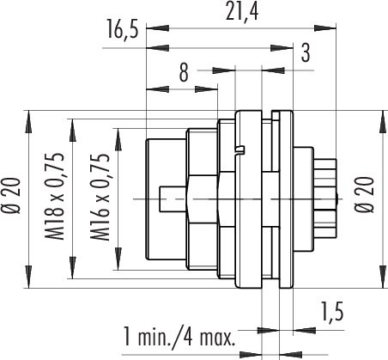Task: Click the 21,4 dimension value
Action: coord(242,12)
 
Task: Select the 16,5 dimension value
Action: coord(122,30)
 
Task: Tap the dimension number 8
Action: coord(184,72)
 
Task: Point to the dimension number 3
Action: coord(306,53)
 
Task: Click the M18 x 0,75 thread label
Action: coord(54,197)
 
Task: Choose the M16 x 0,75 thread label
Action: coord(100,198)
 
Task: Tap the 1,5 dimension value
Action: coord(332,311)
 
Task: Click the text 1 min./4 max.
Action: coord(179,338)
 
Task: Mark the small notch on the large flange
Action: coord(239,149)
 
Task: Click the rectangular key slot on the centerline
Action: coord(173,199)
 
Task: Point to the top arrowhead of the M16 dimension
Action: coord(118,139)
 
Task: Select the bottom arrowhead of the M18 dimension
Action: coord(73,267)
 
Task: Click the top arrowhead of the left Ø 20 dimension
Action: coord(28,122)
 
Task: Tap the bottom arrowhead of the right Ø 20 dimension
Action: coord(383,277)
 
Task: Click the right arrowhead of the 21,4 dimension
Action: coord(324,28)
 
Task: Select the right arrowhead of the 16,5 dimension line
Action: coord(282,48)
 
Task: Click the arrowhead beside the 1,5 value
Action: coord(305,330)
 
